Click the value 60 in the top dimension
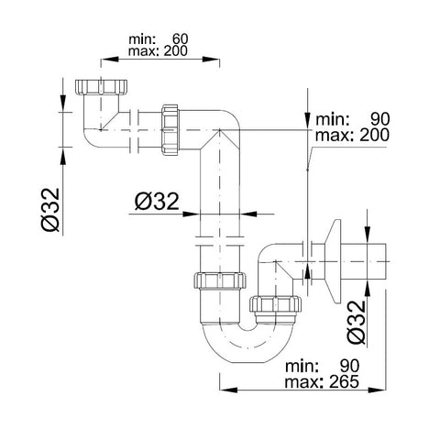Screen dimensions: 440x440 [181, 39]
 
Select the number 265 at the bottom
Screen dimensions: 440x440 [344, 381]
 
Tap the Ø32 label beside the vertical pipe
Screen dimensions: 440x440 [157, 202]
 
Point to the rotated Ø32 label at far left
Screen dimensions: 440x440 [50, 210]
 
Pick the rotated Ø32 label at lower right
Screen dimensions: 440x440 [357, 322]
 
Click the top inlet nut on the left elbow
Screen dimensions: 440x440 [101, 87]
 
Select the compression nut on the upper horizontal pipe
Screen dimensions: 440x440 [170, 130]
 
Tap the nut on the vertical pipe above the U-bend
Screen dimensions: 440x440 [220, 280]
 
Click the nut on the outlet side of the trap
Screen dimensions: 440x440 [275, 304]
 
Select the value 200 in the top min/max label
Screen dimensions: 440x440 [175, 50]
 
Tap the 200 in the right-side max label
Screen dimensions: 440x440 [374, 135]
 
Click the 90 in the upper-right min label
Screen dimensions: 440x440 [380, 119]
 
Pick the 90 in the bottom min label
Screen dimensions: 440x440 [350, 366]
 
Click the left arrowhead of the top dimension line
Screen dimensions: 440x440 [109, 60]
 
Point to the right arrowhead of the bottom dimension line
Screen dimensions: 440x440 [378, 390]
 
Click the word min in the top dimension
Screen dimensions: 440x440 [142, 39]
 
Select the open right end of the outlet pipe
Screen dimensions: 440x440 [386, 261]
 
